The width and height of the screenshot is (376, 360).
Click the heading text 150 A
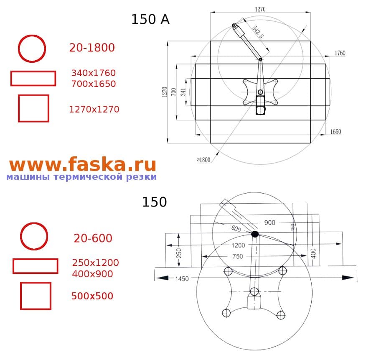(150, 19)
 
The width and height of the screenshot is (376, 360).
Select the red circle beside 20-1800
(32, 49)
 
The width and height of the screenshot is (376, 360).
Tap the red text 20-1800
(92, 48)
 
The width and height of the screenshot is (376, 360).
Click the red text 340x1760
(93, 73)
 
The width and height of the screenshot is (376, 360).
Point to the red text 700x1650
(93, 84)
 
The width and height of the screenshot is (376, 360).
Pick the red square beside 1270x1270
(33, 108)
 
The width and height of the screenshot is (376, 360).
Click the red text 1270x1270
(94, 110)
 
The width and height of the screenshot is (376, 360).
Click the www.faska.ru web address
(83, 164)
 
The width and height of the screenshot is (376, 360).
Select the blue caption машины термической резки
(81, 177)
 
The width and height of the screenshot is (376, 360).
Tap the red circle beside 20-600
(34, 237)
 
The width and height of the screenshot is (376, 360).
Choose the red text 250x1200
(95, 263)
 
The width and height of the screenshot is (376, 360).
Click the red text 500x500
(92, 296)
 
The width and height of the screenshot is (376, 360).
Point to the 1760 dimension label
(340, 53)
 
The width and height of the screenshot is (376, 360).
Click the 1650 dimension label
(335, 132)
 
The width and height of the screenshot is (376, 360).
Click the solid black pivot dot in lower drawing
(255, 234)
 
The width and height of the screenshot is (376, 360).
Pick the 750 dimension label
(237, 257)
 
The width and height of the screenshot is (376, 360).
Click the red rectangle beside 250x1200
(35, 266)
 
